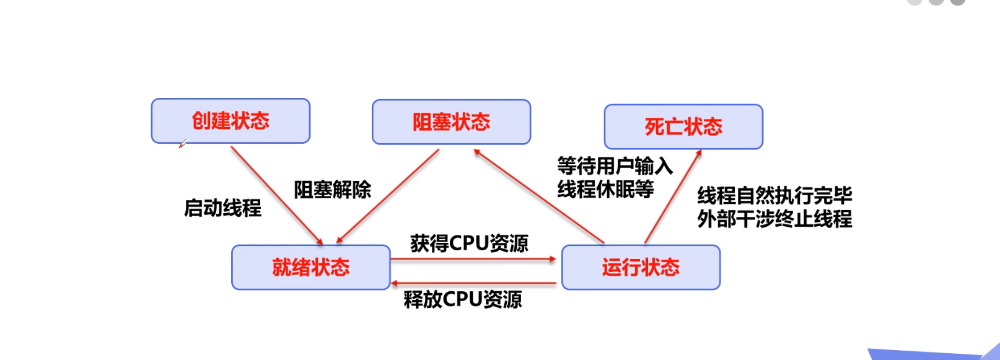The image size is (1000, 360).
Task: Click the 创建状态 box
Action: [230, 121]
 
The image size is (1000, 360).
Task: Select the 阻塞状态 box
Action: [451, 122]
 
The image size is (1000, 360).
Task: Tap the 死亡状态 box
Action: [683, 127]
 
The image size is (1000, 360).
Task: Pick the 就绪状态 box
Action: [310, 268]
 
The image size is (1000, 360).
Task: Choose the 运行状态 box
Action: [641, 268]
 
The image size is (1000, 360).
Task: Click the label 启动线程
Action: [222, 208]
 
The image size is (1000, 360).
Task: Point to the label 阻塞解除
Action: [332, 190]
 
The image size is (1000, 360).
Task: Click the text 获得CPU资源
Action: [469, 244]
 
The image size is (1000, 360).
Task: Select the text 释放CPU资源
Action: [462, 299]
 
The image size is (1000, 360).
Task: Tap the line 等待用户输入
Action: [615, 166]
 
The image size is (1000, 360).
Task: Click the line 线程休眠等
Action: [605, 189]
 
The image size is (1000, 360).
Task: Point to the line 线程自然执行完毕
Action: [774, 196]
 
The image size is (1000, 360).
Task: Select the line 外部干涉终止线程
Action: [774, 219]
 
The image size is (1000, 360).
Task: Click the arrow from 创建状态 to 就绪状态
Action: [276, 195]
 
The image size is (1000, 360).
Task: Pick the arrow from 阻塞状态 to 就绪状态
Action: [388, 196]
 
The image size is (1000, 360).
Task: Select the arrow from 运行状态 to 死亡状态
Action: [673, 196]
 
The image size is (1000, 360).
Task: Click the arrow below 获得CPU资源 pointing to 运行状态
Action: [474, 260]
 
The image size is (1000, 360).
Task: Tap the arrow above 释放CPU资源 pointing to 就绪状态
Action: [474, 284]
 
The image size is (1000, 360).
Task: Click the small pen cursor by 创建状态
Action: [182, 144]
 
